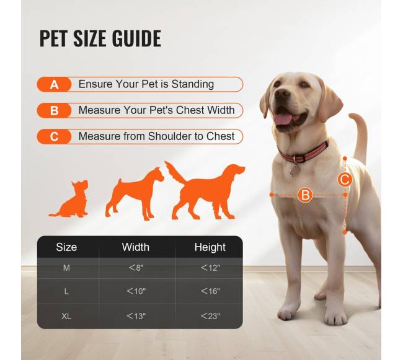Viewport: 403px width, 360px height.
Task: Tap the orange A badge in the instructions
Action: (x=54, y=84)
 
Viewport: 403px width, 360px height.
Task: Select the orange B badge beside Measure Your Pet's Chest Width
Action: (x=54, y=111)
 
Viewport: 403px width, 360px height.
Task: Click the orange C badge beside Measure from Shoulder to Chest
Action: (x=54, y=136)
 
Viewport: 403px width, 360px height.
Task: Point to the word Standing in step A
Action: (x=193, y=84)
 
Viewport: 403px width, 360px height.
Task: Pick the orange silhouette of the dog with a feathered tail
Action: (x=205, y=190)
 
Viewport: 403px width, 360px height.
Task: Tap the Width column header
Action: (x=135, y=247)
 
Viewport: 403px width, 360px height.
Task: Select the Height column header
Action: (x=210, y=247)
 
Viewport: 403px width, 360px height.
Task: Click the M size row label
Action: (x=66, y=268)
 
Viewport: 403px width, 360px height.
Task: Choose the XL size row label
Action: (x=66, y=316)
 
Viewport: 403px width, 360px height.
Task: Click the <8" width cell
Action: (x=136, y=268)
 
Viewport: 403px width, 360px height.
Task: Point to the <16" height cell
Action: (x=210, y=291)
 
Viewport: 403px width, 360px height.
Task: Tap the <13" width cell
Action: (x=136, y=316)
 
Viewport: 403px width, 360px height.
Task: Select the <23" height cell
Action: (x=210, y=316)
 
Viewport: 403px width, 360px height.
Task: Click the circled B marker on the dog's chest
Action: (x=305, y=195)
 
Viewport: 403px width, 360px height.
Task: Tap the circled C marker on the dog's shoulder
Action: (x=345, y=179)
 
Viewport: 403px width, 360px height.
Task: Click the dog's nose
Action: (x=283, y=94)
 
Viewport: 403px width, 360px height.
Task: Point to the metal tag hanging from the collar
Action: (x=294, y=170)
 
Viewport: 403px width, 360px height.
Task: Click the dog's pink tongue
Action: (x=283, y=119)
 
